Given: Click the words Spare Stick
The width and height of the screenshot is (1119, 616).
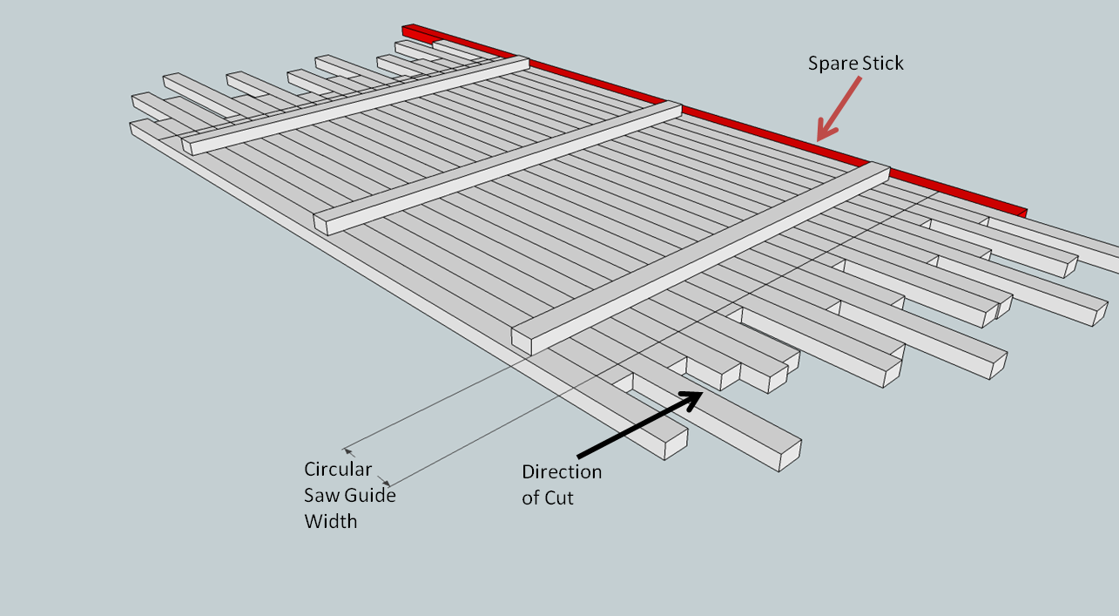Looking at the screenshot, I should pyautogui.click(x=856, y=63).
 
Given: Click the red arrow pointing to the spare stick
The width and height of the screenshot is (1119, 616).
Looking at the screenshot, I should pyautogui.click(x=839, y=108).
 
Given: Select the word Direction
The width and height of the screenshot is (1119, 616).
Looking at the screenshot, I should pyautogui.click(x=562, y=471).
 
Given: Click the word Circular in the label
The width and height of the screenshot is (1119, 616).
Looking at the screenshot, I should pyautogui.click(x=338, y=470).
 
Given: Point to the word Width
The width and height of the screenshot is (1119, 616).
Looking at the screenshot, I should pyautogui.click(x=330, y=522).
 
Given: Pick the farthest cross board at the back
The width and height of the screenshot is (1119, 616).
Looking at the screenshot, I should pyautogui.click(x=357, y=104).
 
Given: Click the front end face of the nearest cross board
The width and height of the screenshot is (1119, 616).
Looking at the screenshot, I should pyautogui.click(x=521, y=340).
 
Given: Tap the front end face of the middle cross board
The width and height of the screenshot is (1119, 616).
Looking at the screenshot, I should pyautogui.click(x=320, y=223).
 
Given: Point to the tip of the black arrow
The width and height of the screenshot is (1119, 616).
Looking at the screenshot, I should pyautogui.click(x=701, y=393).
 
